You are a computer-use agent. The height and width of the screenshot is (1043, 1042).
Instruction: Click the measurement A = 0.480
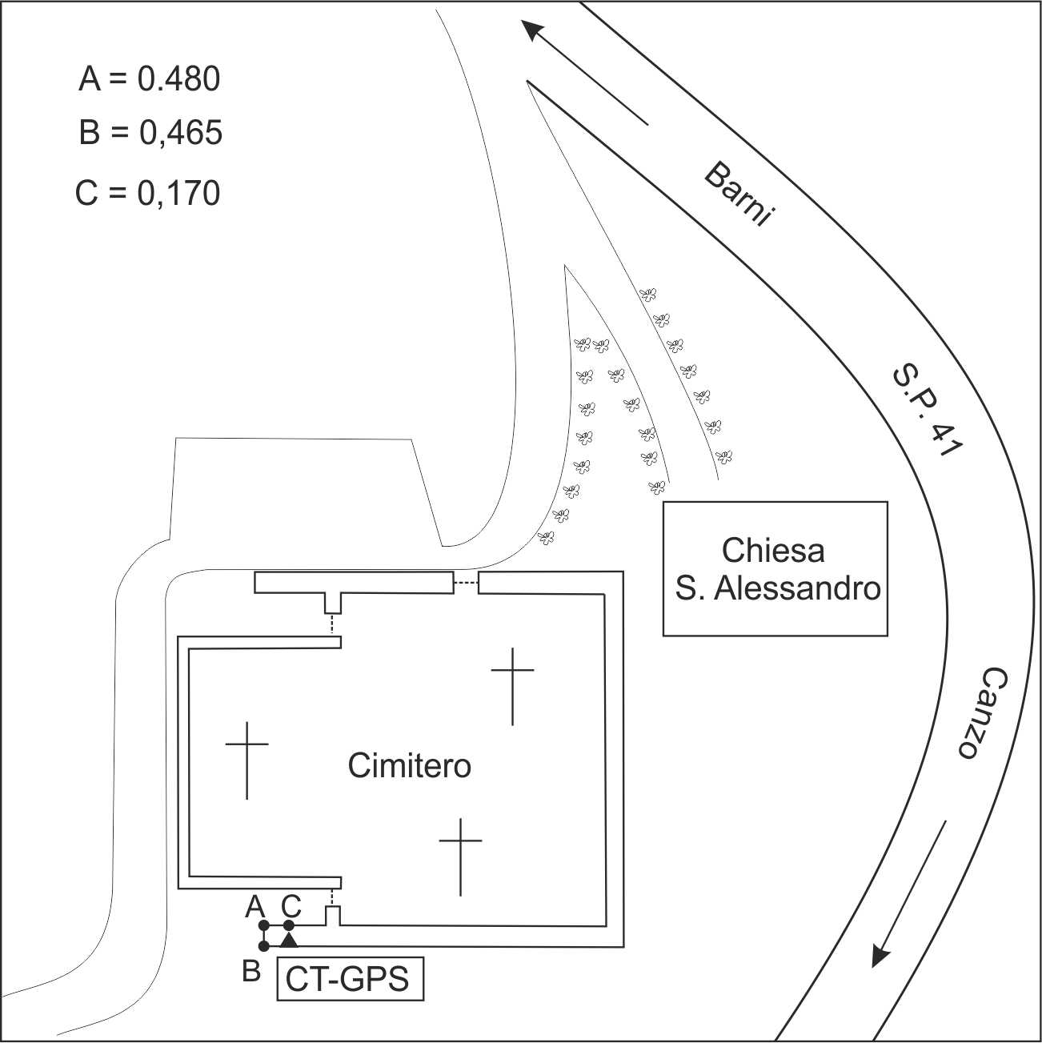coord(149,79)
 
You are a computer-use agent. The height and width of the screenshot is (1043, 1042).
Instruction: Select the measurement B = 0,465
coord(150,133)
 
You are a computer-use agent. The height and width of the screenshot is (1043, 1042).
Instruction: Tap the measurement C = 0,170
coord(148,193)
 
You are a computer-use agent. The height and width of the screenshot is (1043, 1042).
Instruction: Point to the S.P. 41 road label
coord(926,411)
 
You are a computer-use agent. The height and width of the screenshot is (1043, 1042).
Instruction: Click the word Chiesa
coord(772,551)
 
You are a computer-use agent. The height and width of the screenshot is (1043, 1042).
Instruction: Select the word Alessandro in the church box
coord(797,588)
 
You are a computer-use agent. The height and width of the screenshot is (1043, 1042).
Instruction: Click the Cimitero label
coord(409,766)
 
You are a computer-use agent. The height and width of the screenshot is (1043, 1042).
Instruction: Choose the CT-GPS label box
coord(350,979)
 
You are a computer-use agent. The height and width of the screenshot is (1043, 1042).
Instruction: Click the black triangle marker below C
coord(289,939)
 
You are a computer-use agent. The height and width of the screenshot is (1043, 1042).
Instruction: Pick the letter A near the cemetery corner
coord(254,907)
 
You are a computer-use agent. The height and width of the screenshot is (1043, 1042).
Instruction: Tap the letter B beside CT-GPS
coord(251,972)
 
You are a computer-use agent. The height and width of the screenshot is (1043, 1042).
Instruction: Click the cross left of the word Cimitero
coord(246,759)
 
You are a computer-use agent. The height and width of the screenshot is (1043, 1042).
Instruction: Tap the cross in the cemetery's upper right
coord(512,684)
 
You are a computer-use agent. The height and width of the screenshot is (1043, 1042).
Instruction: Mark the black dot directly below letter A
coord(264,925)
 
